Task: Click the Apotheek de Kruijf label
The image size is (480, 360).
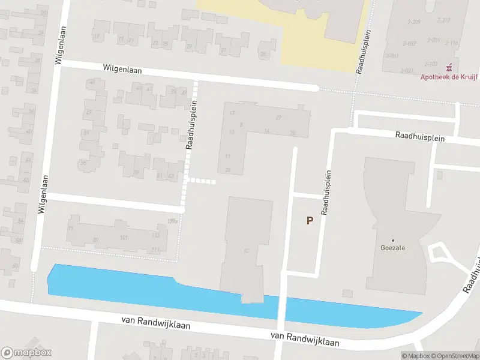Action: (x=444, y=76)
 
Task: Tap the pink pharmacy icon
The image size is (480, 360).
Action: (x=449, y=67)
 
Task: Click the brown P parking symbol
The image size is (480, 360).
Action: (x=310, y=220)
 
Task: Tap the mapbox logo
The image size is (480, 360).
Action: (x=26, y=353)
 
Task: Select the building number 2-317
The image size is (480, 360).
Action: (x=443, y=20)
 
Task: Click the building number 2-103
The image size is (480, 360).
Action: (x=431, y=63)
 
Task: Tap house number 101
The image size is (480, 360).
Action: (x=124, y=238)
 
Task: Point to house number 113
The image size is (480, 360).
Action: (x=155, y=236)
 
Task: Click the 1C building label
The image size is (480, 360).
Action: (x=246, y=250)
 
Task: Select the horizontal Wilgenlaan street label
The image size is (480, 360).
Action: (x=122, y=70)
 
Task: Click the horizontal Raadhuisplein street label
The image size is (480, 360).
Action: (x=419, y=137)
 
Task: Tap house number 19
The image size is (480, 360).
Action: (x=121, y=40)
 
